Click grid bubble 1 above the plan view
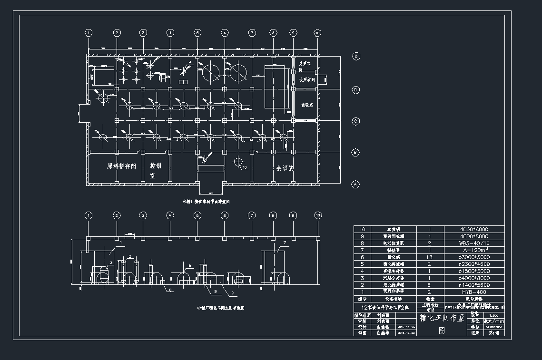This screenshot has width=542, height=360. (88, 32)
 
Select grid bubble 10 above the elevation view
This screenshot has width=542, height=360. (317, 215)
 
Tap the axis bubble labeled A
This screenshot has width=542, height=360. (355, 184)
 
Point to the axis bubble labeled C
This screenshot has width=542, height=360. (355, 121)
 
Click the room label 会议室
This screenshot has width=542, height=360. (285, 168)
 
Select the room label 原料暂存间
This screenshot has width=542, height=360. (122, 166)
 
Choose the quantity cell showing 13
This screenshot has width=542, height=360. (430, 257)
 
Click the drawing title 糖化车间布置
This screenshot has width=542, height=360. (441, 318)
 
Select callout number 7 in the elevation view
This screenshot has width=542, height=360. (284, 243)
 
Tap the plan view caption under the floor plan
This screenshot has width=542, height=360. (206, 202)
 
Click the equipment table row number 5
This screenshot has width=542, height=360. (362, 264)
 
